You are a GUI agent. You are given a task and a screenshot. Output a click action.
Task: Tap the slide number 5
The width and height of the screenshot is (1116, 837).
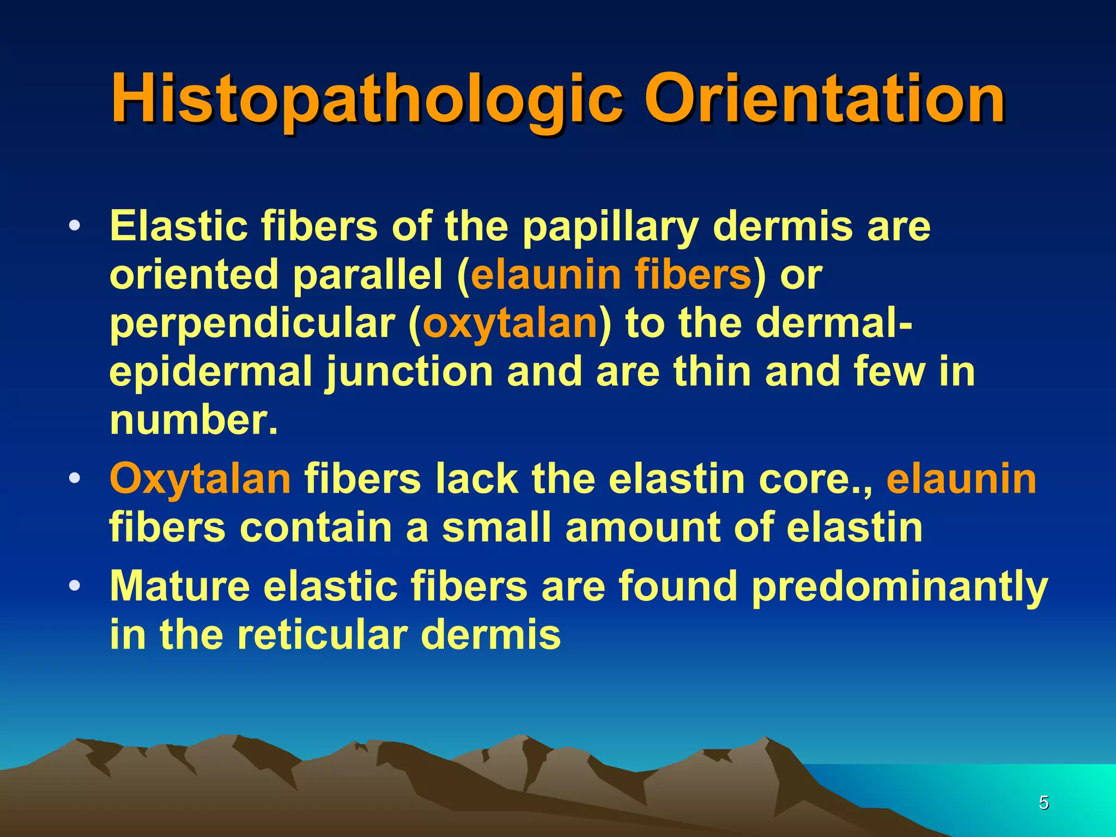pos(1044,803)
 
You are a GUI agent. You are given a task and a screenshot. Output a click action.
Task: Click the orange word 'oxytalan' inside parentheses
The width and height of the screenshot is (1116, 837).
pos(510,324)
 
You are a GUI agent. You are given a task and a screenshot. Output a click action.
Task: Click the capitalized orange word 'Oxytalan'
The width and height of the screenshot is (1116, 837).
pos(200,479)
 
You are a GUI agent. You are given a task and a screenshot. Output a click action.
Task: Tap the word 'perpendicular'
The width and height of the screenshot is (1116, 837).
pos(252,324)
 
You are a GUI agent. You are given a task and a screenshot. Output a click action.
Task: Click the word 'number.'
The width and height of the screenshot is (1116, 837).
pos(193,420)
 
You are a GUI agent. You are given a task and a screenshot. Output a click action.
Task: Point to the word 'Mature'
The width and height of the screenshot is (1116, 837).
pos(179,586)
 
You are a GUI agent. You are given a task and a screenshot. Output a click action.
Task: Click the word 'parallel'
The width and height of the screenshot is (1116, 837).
pos(368,275)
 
